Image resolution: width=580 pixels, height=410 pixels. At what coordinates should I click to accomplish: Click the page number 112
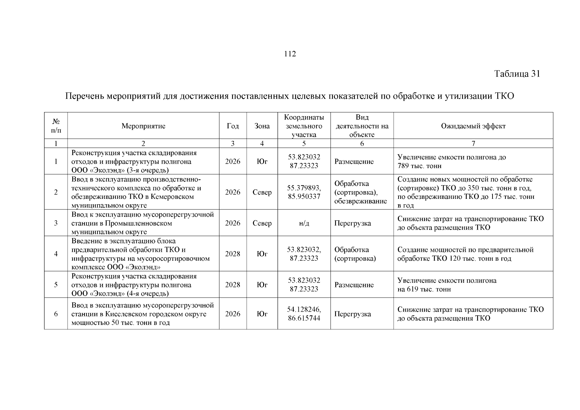pyautogui.click(x=290, y=54)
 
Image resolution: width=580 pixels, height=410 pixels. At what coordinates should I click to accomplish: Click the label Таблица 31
pyautogui.click(x=517, y=74)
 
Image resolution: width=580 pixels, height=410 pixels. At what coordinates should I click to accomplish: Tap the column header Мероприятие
pyautogui.click(x=143, y=126)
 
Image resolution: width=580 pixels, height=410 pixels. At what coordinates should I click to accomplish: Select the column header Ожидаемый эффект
pyautogui.click(x=473, y=126)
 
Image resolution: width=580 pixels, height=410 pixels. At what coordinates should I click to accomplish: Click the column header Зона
pyautogui.click(x=262, y=126)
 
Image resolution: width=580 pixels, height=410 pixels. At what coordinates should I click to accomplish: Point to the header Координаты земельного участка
pyautogui.click(x=304, y=126)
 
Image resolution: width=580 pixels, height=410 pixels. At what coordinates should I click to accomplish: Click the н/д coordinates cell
pyautogui.click(x=304, y=223)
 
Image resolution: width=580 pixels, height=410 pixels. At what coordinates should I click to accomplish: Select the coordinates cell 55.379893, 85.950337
pyautogui.click(x=304, y=192)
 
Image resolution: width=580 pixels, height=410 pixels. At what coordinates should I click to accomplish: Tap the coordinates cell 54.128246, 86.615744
pyautogui.click(x=304, y=314)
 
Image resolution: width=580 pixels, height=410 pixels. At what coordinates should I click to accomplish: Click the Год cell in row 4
pyautogui.click(x=232, y=254)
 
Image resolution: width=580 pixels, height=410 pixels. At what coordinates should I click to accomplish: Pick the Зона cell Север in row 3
pyautogui.click(x=262, y=223)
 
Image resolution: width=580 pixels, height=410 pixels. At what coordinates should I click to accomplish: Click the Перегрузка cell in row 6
pyautogui.click(x=352, y=314)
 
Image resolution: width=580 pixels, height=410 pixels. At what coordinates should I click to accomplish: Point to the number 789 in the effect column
pyautogui.click(x=403, y=166)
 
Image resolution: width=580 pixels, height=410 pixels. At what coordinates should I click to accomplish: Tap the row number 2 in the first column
pyautogui.click(x=56, y=192)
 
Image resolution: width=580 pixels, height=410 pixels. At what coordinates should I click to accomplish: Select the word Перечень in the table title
pyautogui.click(x=84, y=96)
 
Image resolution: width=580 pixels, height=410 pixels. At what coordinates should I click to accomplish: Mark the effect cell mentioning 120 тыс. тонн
pyautogui.click(x=465, y=254)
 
